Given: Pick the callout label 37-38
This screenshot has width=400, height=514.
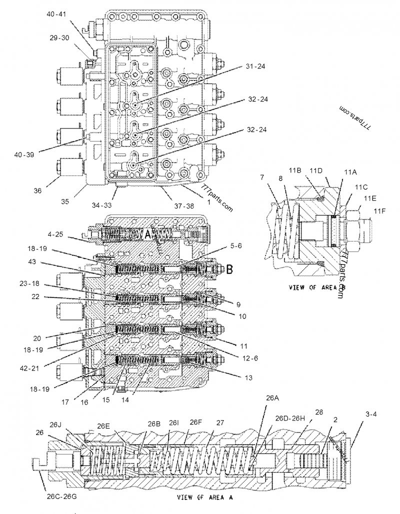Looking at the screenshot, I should pos(170,204).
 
